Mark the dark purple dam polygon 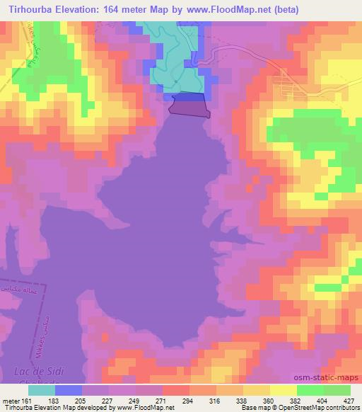point(189,108)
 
